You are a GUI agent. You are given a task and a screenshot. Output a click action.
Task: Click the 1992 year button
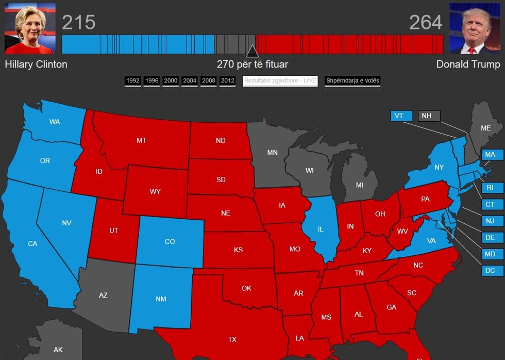(x=132, y=81)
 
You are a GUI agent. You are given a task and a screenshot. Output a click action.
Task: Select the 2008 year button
(x=208, y=81)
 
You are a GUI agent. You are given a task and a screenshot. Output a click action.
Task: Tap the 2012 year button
(x=227, y=81)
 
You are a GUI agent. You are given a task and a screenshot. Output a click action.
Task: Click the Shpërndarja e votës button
(x=352, y=81)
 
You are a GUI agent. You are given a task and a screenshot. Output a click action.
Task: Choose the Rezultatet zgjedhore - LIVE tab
(x=280, y=81)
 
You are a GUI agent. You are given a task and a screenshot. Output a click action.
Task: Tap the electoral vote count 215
(x=79, y=23)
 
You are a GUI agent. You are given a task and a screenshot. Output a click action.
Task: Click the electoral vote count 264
(x=426, y=23)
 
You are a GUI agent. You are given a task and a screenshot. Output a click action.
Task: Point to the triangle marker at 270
(x=252, y=51)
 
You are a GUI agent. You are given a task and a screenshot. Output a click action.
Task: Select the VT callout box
(x=399, y=116)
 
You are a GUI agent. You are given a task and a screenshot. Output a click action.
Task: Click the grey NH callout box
(x=429, y=116)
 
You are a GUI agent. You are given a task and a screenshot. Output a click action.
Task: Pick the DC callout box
(x=490, y=270)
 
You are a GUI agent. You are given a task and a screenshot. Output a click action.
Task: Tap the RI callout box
(x=490, y=188)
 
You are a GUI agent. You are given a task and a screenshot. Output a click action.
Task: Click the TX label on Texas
(x=232, y=339)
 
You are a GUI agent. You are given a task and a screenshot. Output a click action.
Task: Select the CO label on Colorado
(x=170, y=241)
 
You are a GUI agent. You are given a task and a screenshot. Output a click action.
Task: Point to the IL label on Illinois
(x=320, y=229)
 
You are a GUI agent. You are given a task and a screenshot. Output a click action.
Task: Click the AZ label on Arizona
(x=103, y=295)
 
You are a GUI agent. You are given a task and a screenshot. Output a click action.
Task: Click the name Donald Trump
(x=468, y=64)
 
